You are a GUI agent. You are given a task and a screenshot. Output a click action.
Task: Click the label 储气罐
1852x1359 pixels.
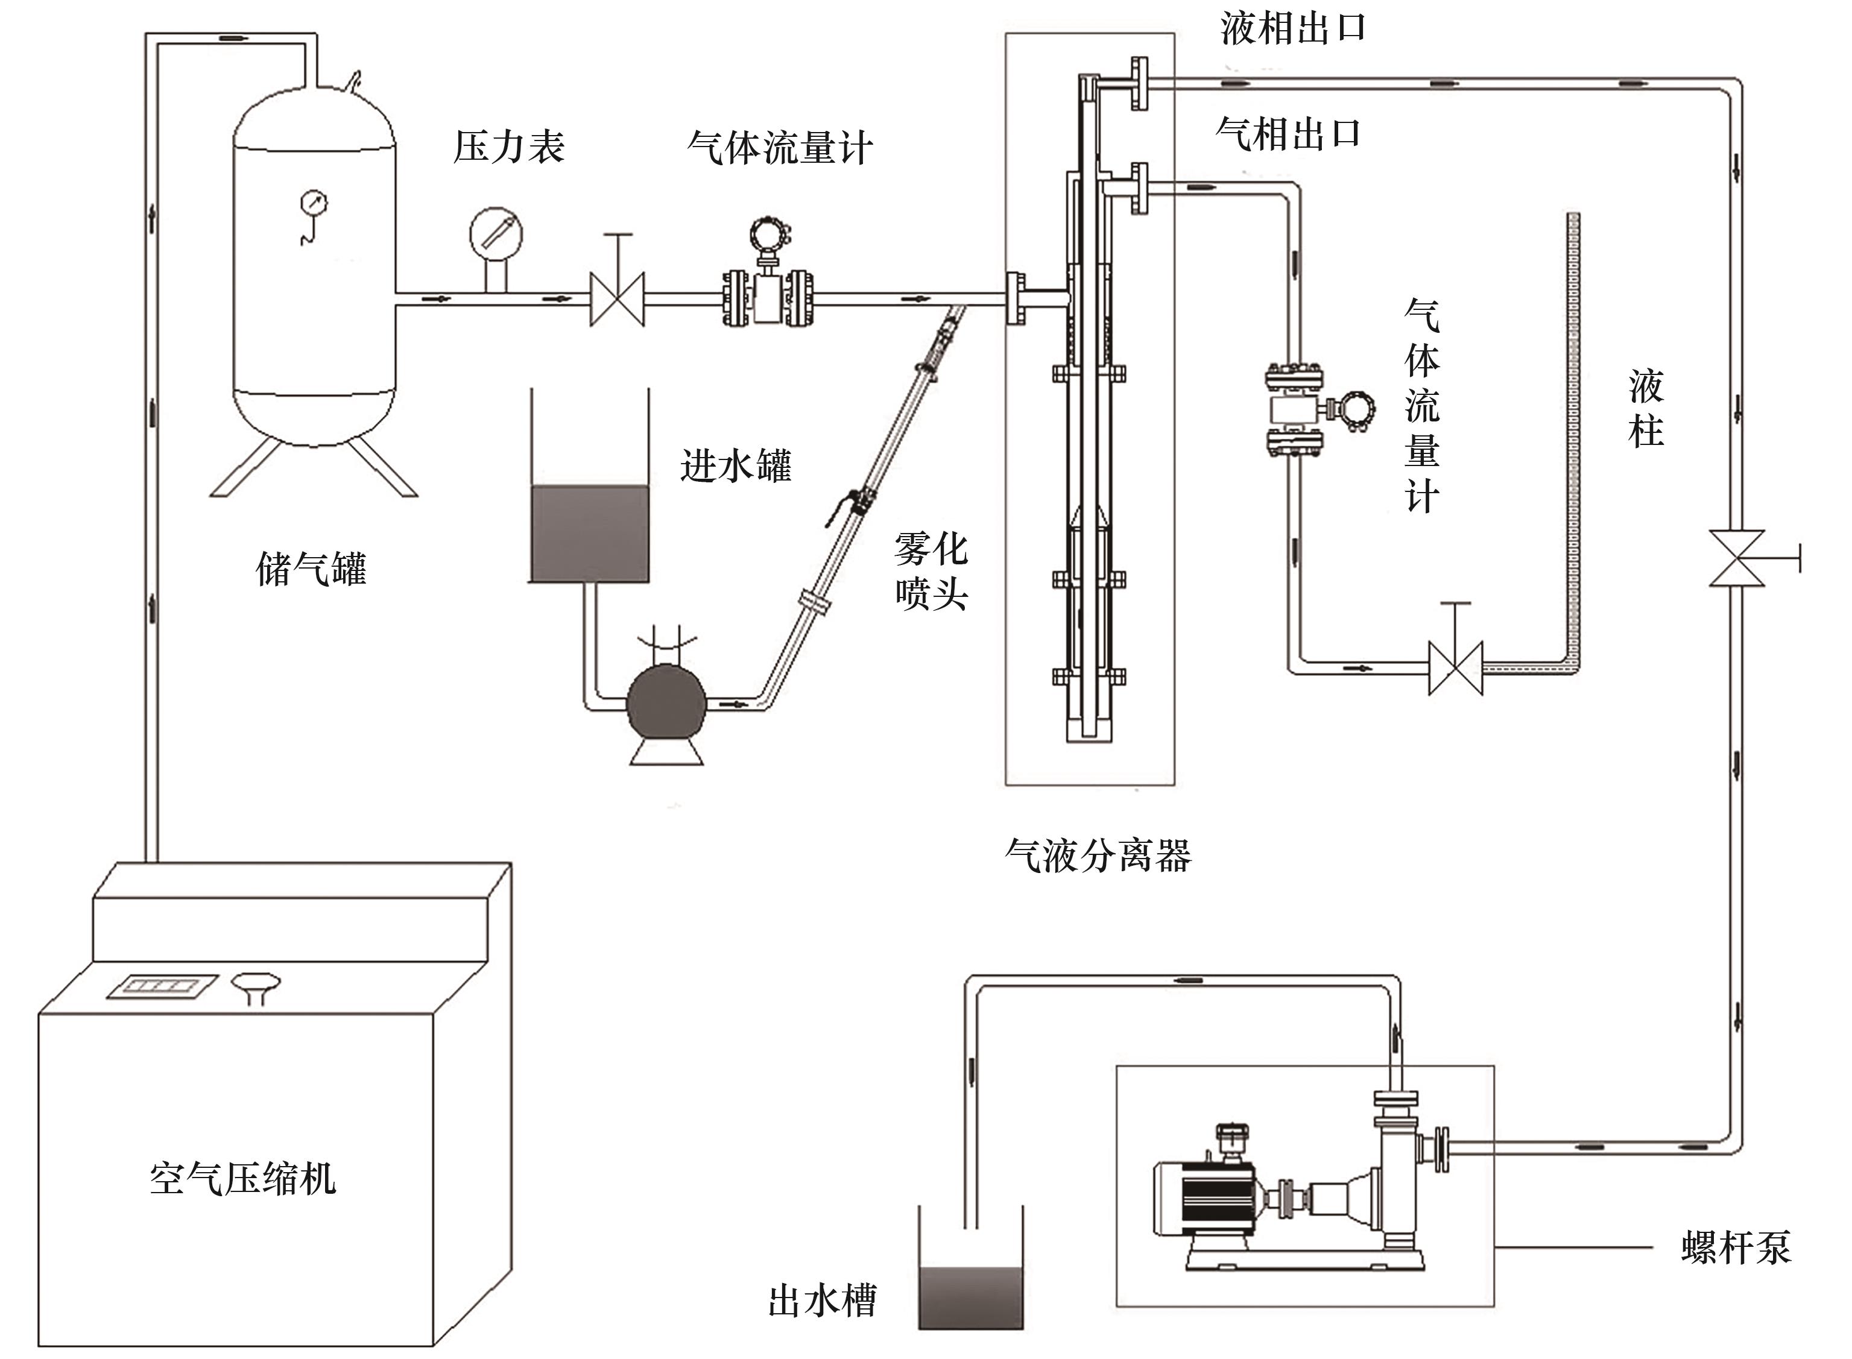311,569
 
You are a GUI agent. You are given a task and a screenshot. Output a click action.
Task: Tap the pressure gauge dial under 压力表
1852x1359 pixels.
496,235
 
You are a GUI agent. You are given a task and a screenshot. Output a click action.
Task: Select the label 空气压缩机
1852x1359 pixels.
242,1178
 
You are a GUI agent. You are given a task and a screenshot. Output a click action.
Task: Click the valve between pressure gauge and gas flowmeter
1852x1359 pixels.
617,298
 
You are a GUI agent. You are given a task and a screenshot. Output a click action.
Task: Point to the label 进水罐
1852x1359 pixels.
736,465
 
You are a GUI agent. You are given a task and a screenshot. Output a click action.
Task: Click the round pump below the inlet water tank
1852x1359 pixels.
667,704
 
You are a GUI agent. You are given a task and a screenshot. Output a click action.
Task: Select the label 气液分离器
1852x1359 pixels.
1098,856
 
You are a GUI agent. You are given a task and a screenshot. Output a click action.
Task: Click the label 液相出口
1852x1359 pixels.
1292,29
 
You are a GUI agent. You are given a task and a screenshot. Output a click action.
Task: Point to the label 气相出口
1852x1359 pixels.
1288,133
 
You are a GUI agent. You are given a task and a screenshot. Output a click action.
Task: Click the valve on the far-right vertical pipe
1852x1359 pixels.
1736,558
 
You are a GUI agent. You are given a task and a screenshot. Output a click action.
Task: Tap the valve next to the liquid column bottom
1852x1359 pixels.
1455,668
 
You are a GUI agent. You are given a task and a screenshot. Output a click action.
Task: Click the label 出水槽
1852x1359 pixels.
822,1301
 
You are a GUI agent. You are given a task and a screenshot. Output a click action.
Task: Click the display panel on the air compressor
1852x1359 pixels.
163,986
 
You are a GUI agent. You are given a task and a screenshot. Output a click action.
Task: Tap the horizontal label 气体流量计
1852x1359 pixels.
779,149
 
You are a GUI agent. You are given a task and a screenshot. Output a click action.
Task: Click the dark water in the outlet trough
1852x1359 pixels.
971,1298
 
